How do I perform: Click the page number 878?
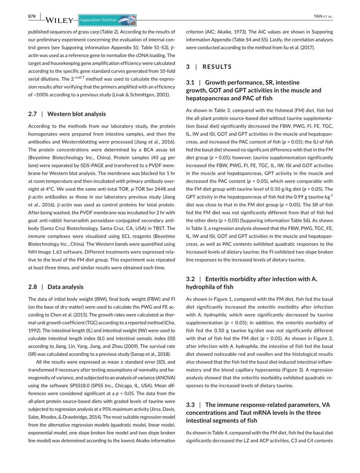tap(31, 17)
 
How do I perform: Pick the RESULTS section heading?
tap(217, 67)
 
